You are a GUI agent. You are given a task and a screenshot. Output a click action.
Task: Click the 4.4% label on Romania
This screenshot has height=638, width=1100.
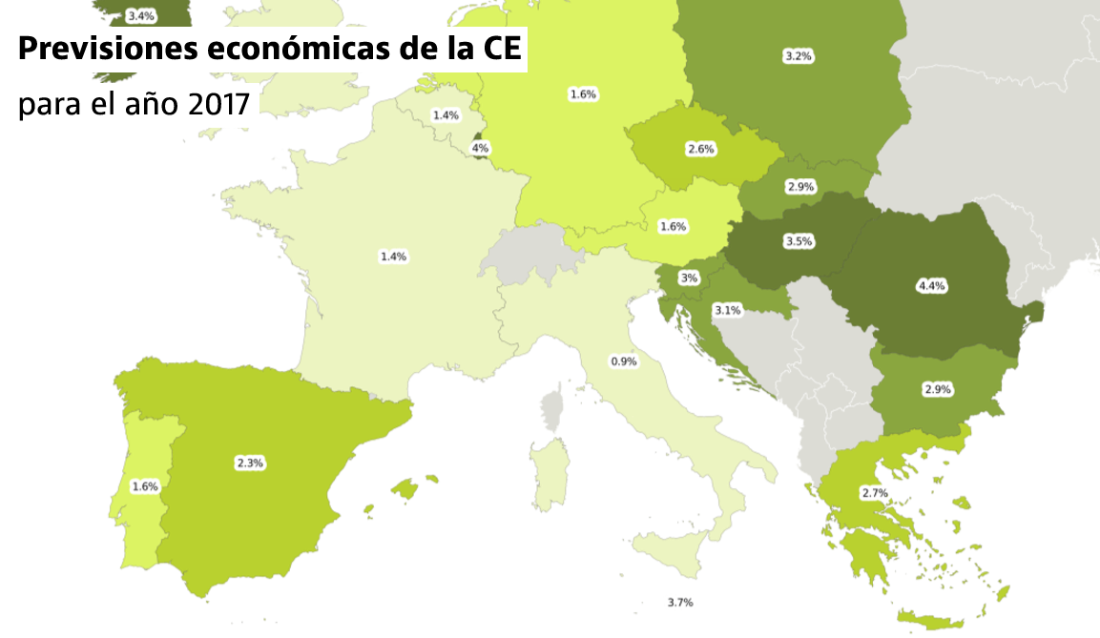[930, 285]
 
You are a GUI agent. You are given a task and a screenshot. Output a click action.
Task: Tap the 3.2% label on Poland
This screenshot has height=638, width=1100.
[798, 56]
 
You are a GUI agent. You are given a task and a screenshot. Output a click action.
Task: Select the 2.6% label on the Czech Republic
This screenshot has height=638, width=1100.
[700, 149]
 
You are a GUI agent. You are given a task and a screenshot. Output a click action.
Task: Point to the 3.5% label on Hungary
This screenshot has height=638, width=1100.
[799, 241]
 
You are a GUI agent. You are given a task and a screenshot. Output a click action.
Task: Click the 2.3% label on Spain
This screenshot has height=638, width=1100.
[250, 463]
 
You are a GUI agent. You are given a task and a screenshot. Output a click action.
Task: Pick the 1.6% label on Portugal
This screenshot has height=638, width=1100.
[145, 486]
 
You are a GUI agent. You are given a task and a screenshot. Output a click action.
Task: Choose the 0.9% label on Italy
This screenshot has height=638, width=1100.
[623, 361]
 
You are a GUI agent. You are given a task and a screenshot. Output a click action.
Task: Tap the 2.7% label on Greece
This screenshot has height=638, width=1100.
[874, 493]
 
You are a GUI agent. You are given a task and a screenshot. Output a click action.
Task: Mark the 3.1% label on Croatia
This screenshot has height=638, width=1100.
[727, 310]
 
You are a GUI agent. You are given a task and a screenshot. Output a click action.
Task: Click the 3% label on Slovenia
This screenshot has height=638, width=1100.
[689, 278]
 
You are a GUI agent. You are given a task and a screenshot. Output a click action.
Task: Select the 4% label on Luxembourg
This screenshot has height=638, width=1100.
[480, 148]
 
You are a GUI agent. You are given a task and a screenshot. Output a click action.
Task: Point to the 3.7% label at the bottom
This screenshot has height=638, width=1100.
[679, 603]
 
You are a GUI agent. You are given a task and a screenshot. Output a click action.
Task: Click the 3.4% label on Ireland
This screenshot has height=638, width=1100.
[140, 16]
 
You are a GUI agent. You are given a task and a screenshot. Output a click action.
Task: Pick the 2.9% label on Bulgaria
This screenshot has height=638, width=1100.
[938, 390]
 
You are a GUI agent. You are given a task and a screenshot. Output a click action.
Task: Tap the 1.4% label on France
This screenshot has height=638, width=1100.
[393, 257]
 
